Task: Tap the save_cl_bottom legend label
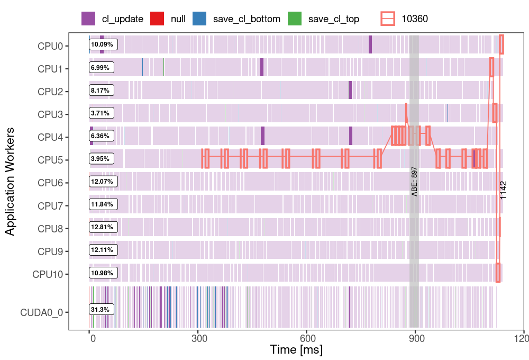tap(247, 19)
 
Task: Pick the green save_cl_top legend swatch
tap(294, 19)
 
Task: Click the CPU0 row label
tap(50, 46)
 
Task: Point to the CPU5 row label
tap(50, 160)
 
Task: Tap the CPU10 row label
tap(48, 274)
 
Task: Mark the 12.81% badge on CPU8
tap(102, 228)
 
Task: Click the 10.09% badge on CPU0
tap(102, 44)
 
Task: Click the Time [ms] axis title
tap(296, 350)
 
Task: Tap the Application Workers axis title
tap(10, 181)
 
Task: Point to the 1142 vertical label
tap(504, 190)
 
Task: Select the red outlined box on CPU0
tap(501, 44)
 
